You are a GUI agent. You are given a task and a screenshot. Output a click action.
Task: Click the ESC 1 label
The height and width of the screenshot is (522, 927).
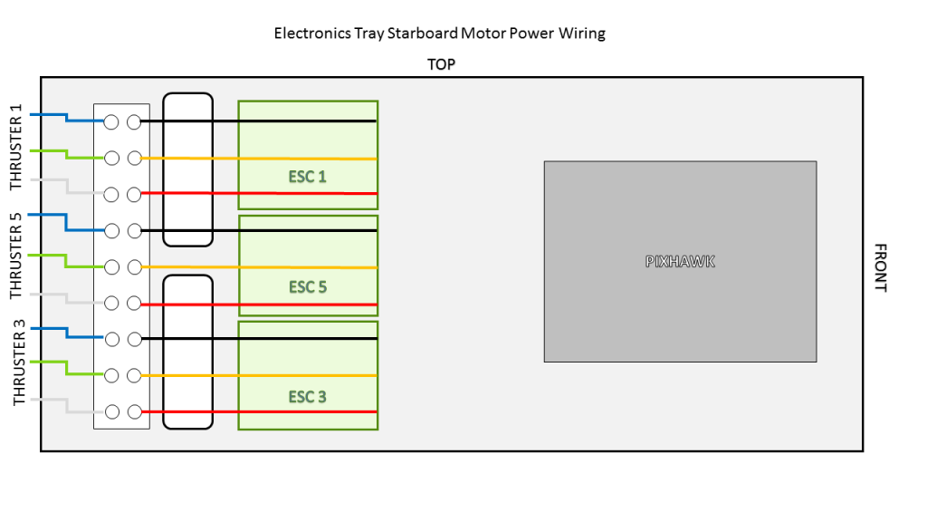click(x=308, y=176)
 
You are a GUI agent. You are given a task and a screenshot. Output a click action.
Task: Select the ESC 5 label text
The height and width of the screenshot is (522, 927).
click(x=308, y=287)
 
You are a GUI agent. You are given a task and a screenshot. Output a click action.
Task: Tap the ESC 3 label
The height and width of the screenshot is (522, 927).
click(x=308, y=397)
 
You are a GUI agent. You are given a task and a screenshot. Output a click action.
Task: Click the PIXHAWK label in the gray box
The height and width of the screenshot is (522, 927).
click(x=680, y=261)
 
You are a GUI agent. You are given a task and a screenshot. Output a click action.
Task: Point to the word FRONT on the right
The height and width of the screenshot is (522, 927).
click(x=879, y=266)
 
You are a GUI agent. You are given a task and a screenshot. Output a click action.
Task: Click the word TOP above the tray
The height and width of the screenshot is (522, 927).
click(x=441, y=64)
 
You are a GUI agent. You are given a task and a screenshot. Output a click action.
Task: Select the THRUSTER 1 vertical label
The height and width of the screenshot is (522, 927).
click(x=15, y=148)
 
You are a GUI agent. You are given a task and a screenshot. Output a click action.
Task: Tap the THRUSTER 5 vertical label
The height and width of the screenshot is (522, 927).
click(x=15, y=256)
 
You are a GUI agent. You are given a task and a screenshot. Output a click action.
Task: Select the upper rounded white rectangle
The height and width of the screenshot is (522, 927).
click(x=187, y=169)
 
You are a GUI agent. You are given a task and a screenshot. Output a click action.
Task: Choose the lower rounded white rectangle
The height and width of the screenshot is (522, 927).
click(x=187, y=351)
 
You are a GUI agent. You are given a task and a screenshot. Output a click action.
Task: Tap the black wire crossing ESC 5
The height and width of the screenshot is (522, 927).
click(x=308, y=230)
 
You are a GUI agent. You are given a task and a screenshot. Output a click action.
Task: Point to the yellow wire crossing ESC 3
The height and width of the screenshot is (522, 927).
click(x=308, y=375)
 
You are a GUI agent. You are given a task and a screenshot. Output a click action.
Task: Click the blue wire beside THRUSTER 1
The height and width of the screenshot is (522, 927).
click(x=50, y=115)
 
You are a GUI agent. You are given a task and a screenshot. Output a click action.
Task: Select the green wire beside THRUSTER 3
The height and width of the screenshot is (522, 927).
click(x=50, y=362)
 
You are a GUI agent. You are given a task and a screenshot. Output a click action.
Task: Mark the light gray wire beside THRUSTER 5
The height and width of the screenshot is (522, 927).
click(x=50, y=294)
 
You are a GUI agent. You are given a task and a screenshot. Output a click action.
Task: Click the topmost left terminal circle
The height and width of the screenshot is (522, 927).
click(x=112, y=121)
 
